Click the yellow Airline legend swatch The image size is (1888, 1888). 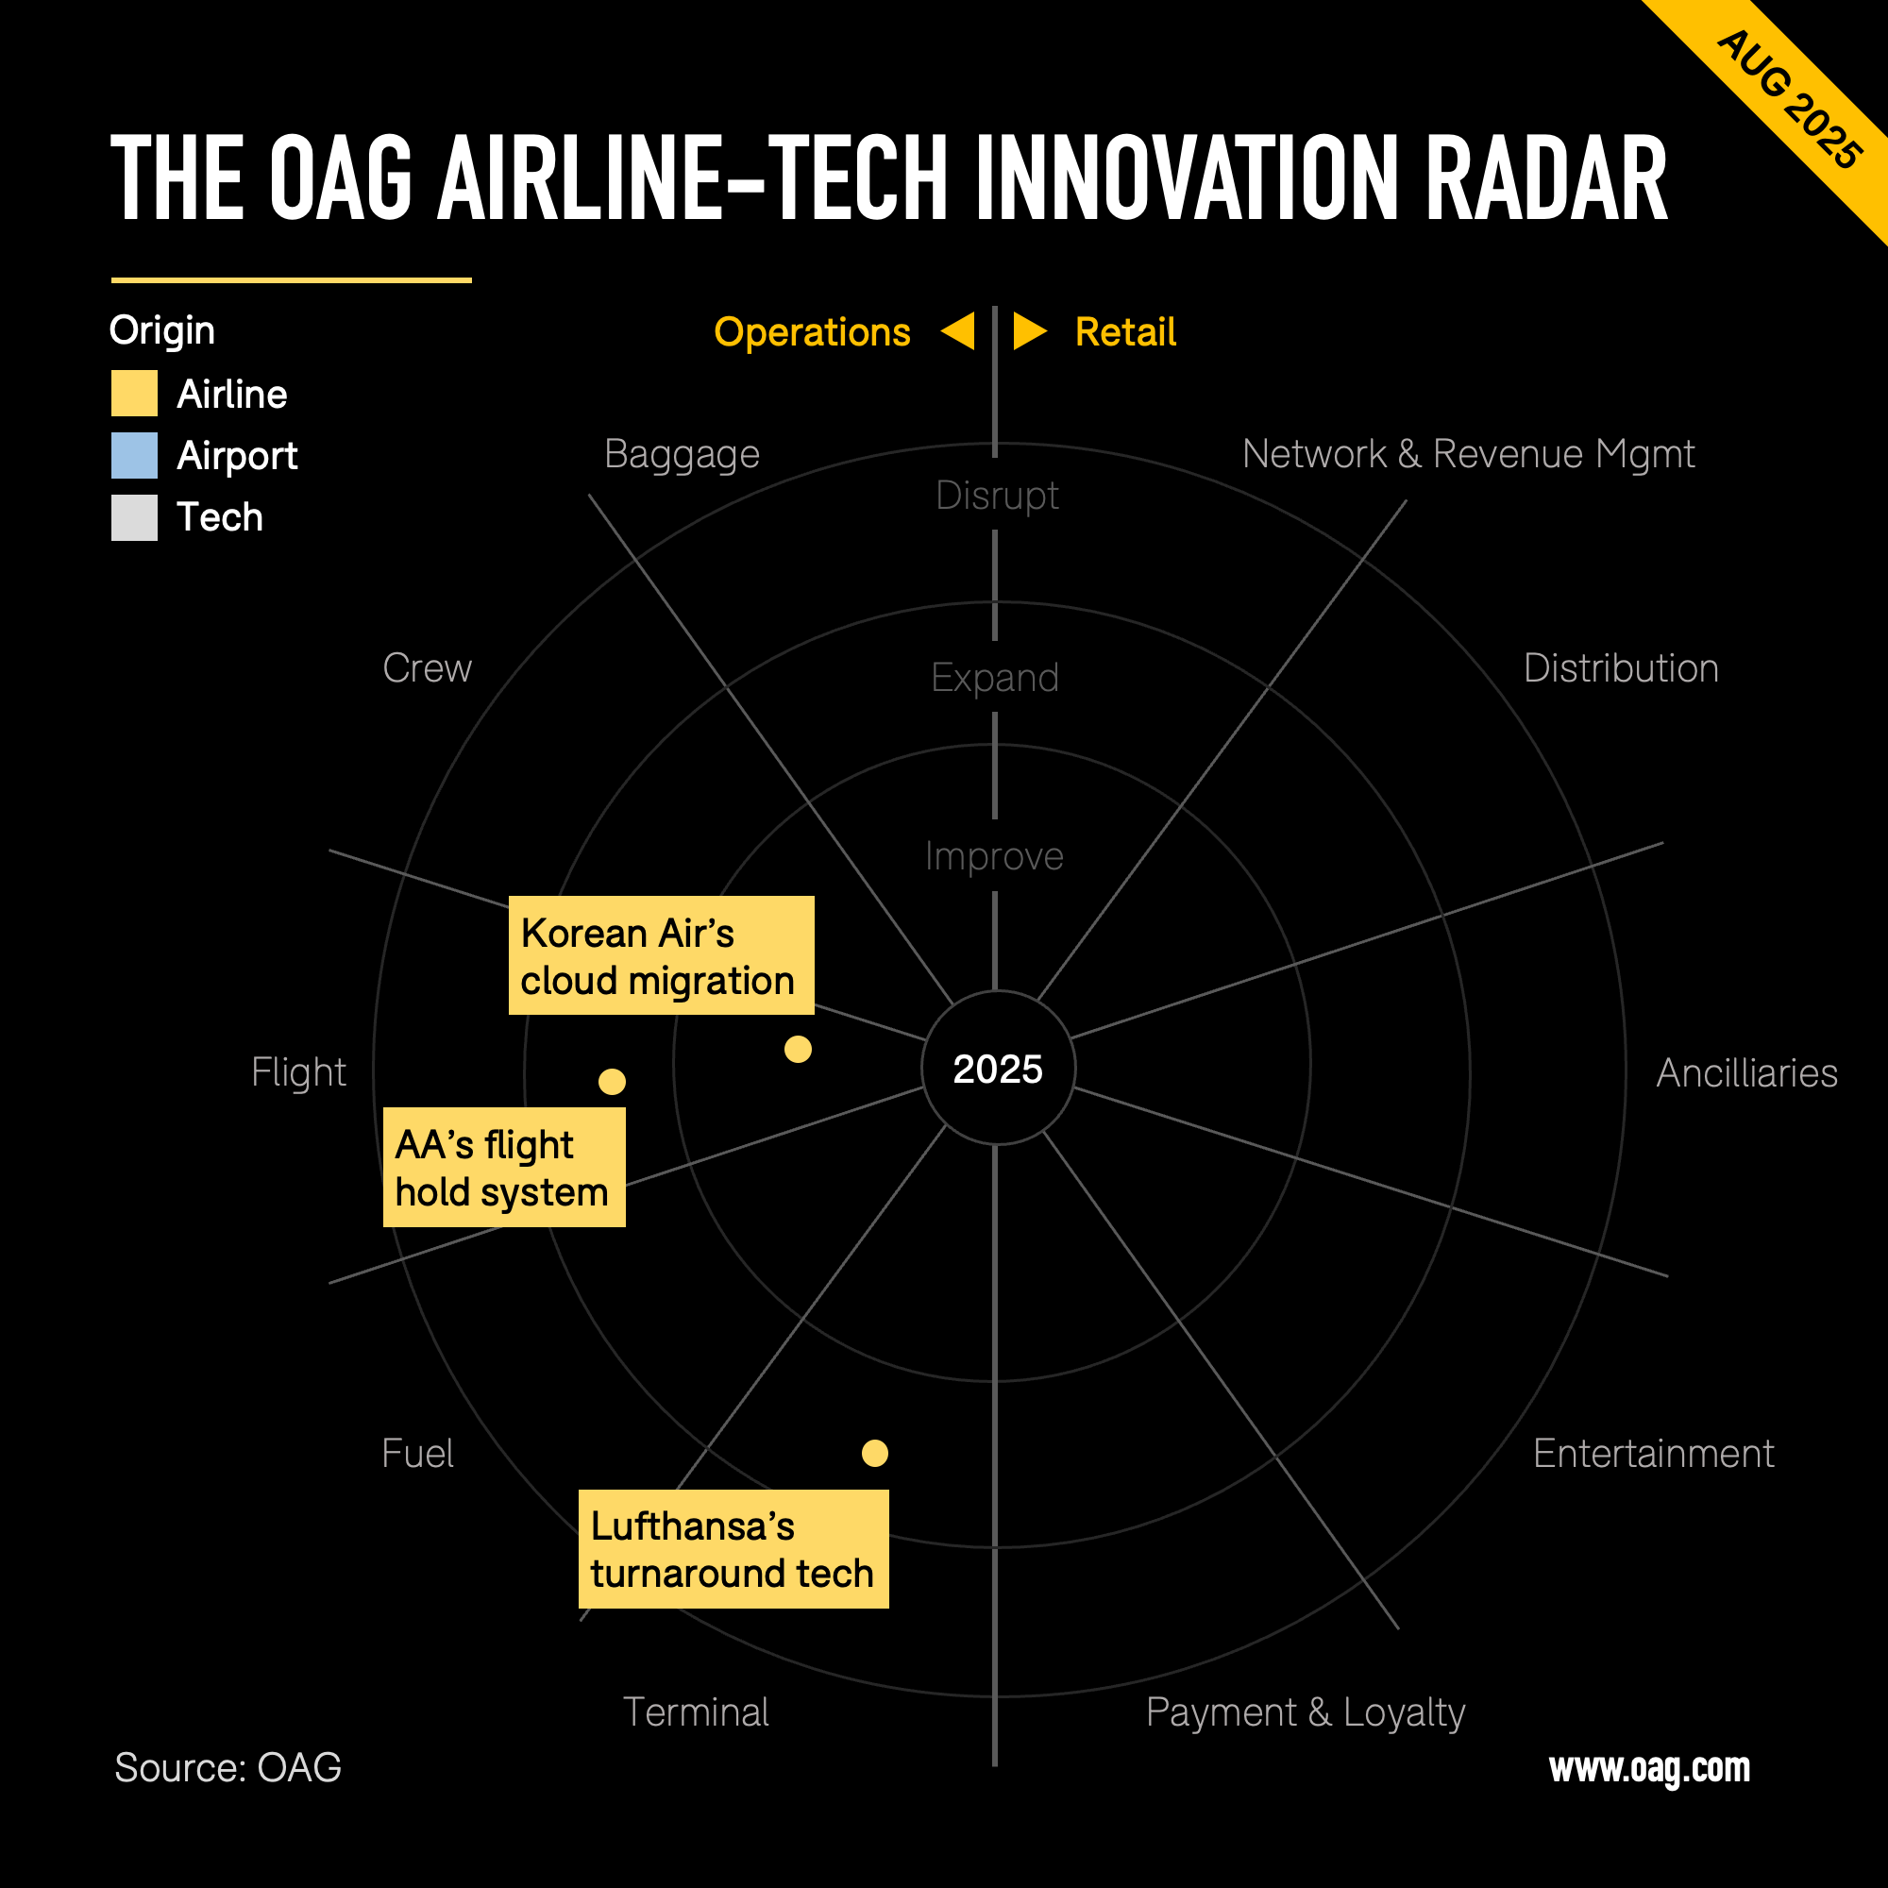point(134,393)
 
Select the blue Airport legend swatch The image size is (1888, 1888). point(134,455)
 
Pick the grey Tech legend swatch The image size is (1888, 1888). point(134,517)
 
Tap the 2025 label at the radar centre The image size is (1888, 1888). point(998,1070)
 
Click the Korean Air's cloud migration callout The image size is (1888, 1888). point(662,954)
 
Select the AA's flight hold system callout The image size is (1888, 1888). point(504,1167)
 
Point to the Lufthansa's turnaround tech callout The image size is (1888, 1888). point(733,1549)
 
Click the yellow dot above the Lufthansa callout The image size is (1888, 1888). point(875,1453)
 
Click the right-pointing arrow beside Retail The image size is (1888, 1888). point(1030,331)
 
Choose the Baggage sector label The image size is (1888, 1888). point(683,454)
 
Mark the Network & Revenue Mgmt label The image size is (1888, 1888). point(1468,454)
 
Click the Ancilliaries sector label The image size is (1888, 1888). point(1747,1073)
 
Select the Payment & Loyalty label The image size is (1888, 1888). point(1306,1713)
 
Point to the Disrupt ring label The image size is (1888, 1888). point(997,496)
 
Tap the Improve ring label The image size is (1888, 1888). point(995,856)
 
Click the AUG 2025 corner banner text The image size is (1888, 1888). point(1789,100)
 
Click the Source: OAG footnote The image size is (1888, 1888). point(228,1768)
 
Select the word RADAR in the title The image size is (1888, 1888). point(1547,177)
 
